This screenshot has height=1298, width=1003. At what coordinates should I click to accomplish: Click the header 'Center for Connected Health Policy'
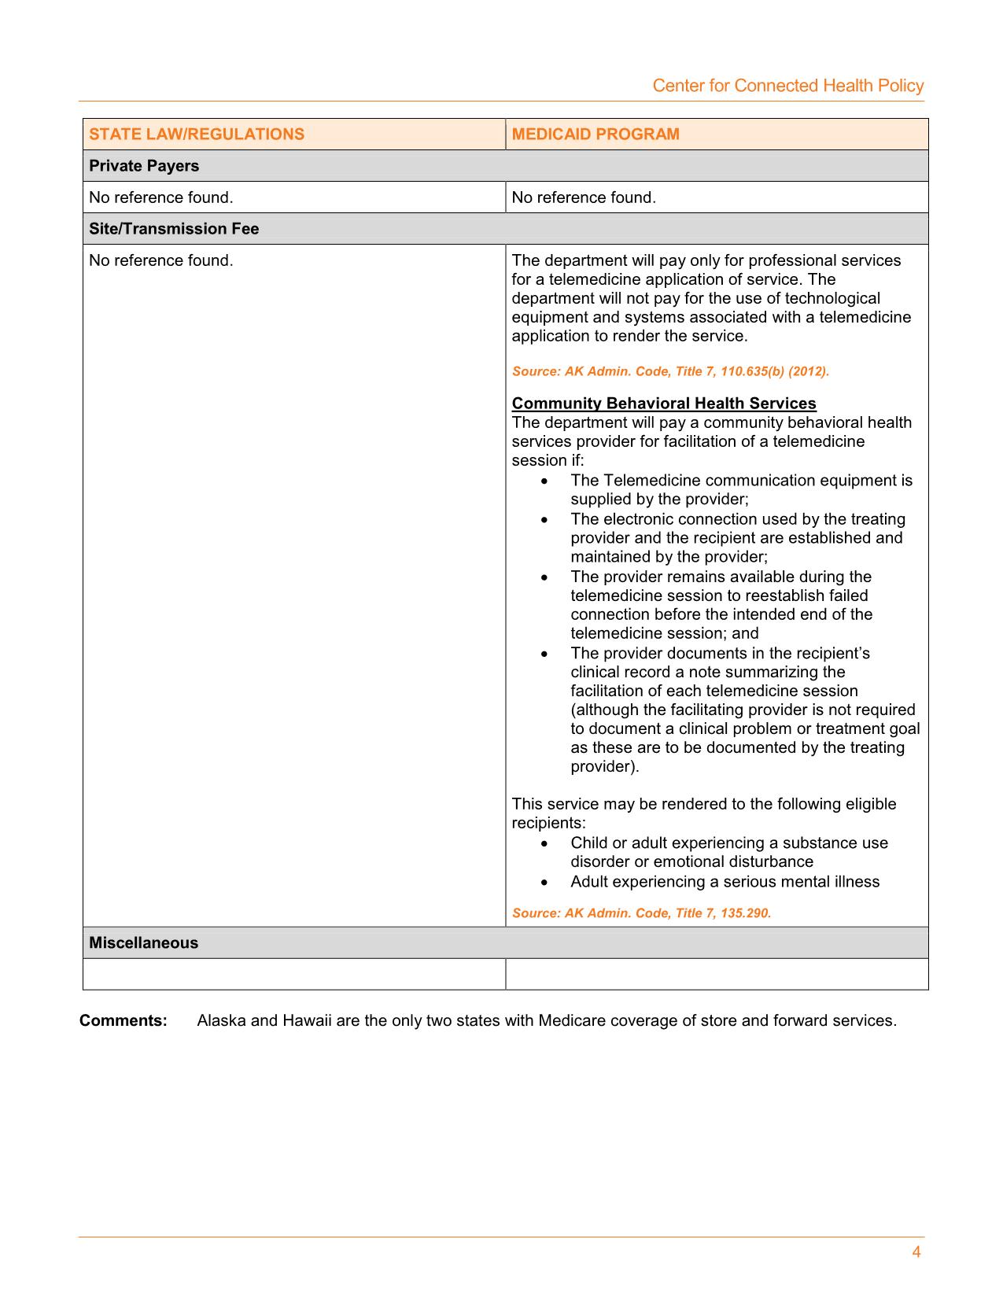point(787,86)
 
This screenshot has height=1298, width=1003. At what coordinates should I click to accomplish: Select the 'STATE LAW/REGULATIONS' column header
point(196,134)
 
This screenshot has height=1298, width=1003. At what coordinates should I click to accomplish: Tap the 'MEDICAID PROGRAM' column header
point(595,134)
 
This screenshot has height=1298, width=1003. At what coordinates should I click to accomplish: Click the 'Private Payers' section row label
point(144,166)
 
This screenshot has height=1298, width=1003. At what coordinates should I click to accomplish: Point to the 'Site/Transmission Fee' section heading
point(174,229)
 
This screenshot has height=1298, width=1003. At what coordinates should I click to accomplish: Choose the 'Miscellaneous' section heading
point(143,942)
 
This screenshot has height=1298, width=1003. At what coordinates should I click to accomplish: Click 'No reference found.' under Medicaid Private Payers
point(583,197)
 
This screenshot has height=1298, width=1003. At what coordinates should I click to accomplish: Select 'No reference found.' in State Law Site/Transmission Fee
point(160,260)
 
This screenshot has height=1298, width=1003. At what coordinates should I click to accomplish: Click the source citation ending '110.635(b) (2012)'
point(670,371)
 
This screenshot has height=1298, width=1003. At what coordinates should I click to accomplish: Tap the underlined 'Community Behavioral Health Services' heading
point(664,404)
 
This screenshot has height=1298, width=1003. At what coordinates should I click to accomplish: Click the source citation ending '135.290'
point(641,913)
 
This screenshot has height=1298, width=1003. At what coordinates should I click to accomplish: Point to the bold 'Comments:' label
point(124,1021)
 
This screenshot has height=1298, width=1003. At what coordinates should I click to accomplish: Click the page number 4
point(916,1252)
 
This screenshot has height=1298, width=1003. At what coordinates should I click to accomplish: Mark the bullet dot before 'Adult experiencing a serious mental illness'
point(544,883)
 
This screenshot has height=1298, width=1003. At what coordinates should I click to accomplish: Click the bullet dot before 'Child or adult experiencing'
point(544,844)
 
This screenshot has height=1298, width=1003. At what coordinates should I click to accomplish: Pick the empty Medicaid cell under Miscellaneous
point(716,974)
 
